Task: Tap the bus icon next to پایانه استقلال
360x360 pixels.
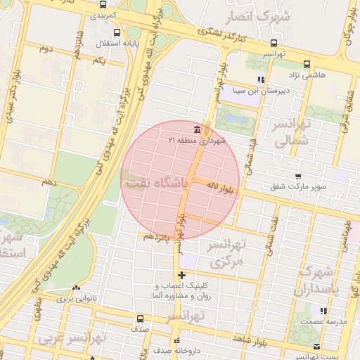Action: [115, 32]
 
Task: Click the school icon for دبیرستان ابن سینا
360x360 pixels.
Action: [261, 79]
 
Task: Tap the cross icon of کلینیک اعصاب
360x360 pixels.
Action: [182, 275]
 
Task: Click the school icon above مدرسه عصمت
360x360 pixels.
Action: [323, 310]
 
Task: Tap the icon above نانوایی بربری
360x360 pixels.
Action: [75, 288]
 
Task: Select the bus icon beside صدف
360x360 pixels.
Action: [139, 319]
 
